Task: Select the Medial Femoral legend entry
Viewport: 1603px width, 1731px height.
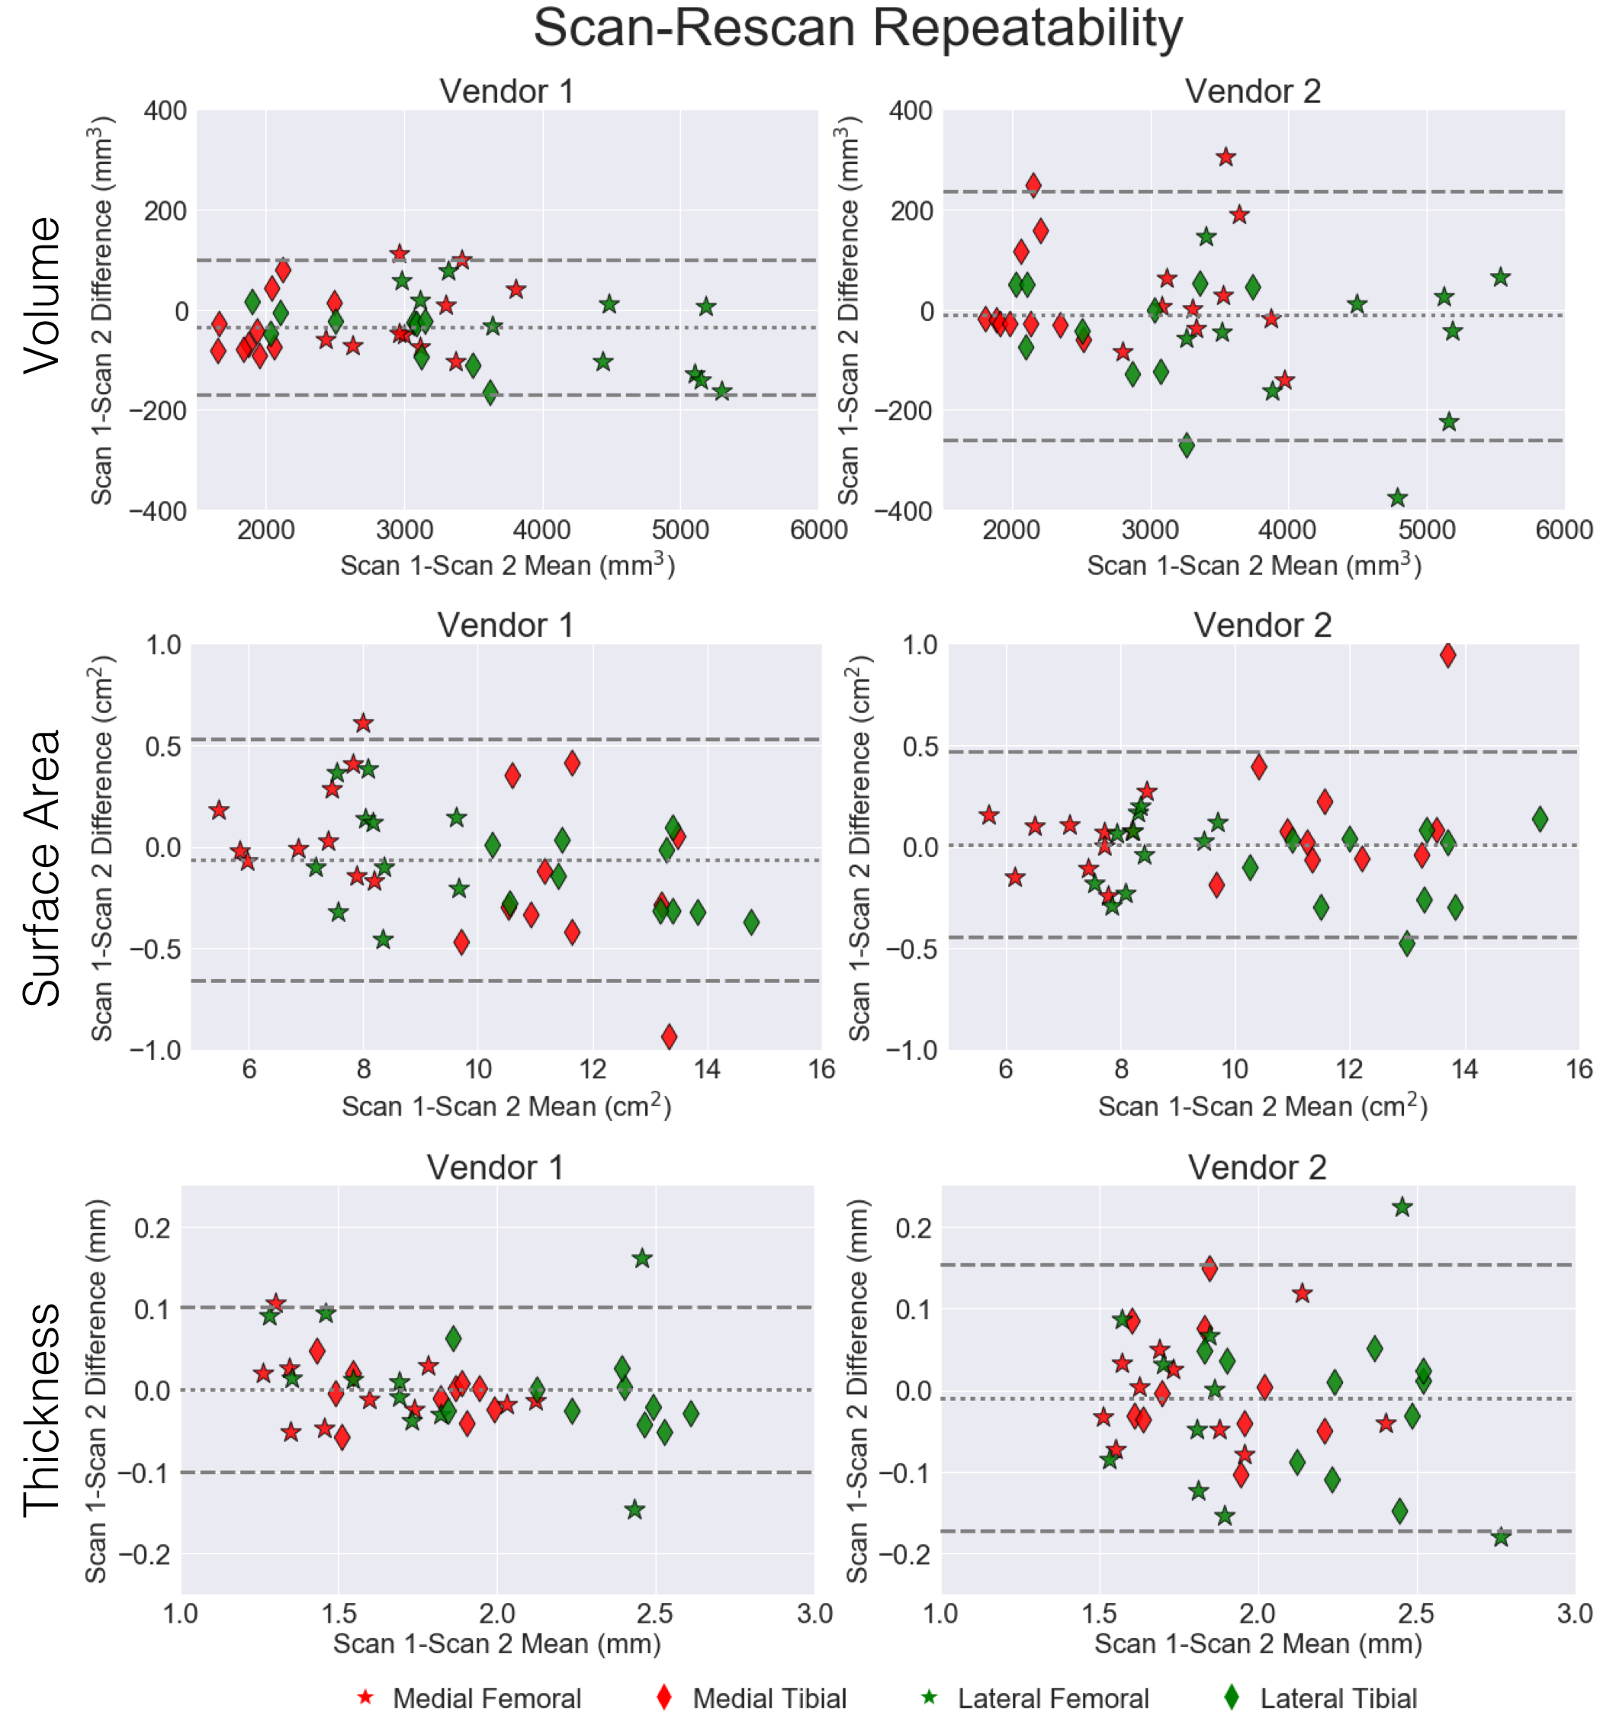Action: tap(486, 1698)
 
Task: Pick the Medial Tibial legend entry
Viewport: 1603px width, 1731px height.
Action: tap(769, 1698)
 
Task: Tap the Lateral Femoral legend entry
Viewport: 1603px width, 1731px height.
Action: tap(1052, 1698)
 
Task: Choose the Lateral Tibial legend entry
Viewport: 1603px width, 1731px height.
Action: tap(1338, 1698)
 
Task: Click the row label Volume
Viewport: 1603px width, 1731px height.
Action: tap(42, 296)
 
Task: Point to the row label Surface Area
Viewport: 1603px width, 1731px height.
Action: tap(42, 867)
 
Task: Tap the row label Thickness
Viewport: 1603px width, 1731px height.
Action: tap(42, 1410)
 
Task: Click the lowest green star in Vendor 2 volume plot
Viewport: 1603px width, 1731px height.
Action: tap(1396, 498)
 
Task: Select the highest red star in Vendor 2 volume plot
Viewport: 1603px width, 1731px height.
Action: tap(1225, 157)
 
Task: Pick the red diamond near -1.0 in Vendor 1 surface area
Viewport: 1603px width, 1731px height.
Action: tap(669, 1036)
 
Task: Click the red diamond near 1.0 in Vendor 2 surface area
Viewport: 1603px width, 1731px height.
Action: tap(1447, 655)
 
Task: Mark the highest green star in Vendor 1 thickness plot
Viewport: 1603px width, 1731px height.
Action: tap(642, 1258)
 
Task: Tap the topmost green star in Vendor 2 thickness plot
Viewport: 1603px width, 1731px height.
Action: tap(1402, 1207)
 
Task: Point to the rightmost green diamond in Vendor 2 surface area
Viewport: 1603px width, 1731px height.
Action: tap(1540, 819)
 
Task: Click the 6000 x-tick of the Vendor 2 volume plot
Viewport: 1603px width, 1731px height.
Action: tap(1563, 530)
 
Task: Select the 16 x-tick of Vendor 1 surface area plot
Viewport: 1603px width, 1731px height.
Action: tap(821, 1068)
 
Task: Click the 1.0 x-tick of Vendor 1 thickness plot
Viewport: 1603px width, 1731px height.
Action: tap(181, 1614)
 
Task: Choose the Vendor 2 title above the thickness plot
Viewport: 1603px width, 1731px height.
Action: tap(1256, 1167)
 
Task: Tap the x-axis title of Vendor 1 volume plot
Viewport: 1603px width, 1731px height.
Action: tap(507, 566)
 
